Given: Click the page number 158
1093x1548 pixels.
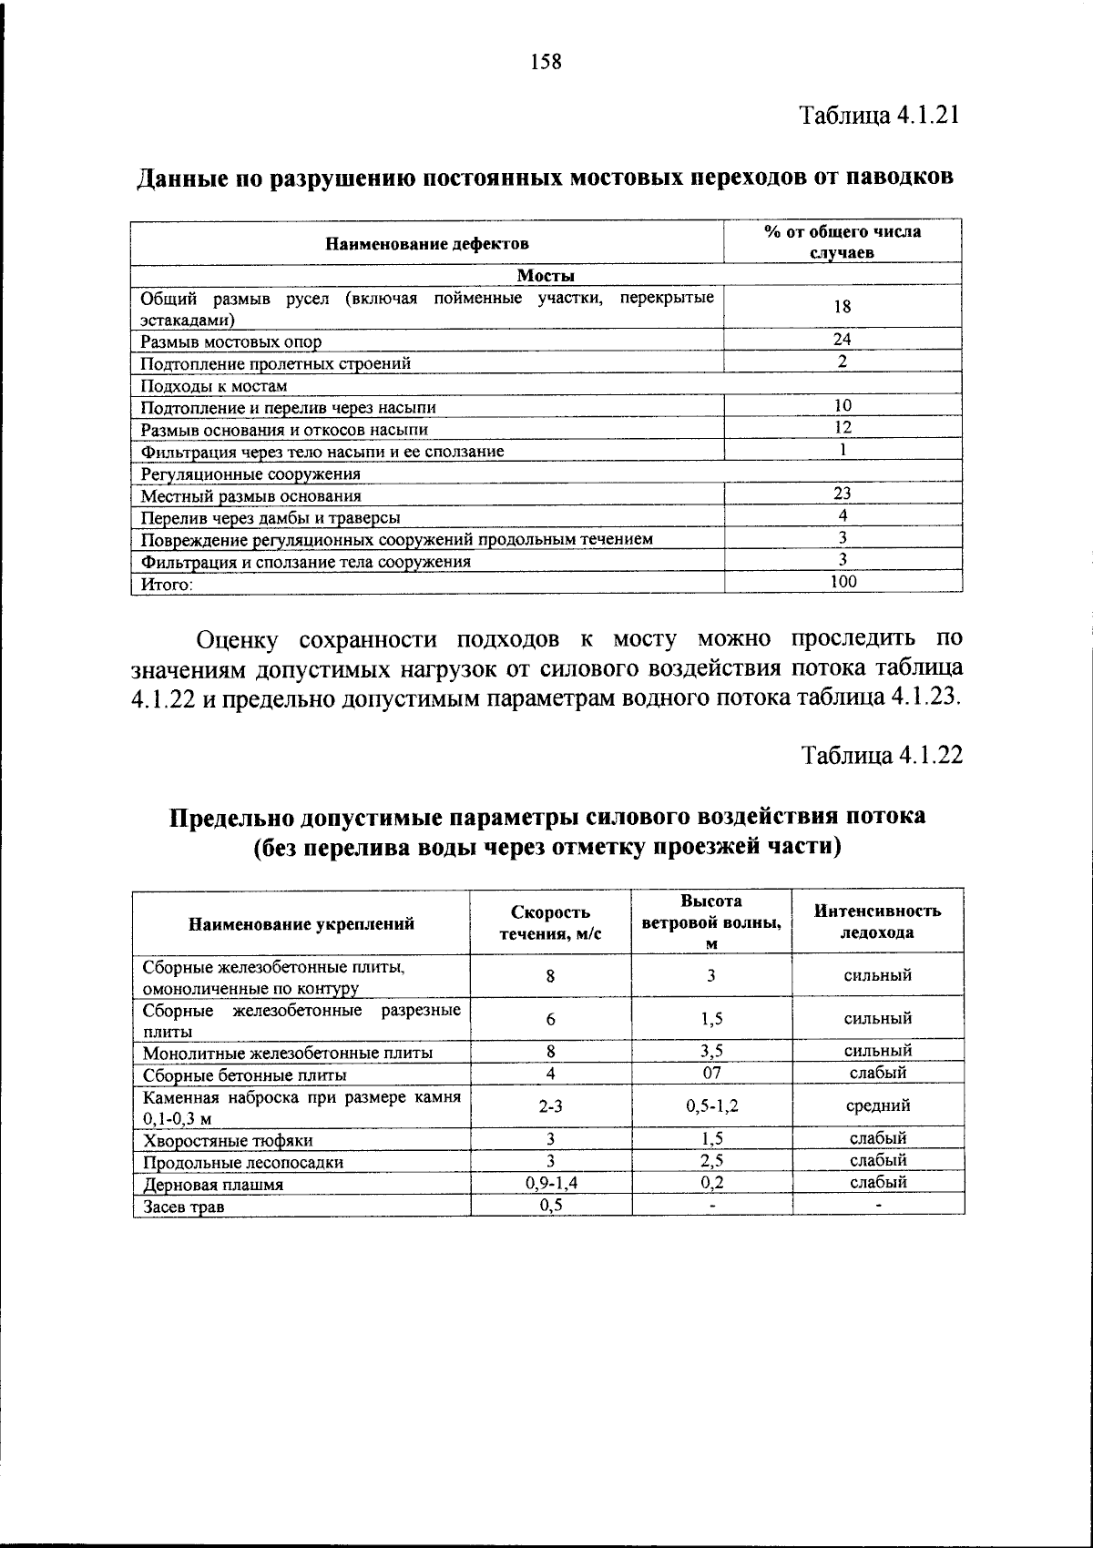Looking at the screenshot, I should [546, 63].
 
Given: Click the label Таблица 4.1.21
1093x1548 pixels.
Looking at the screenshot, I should [881, 116].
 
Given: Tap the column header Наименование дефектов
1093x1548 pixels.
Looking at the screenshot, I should [427, 243].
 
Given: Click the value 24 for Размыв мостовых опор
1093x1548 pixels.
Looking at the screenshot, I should [843, 339].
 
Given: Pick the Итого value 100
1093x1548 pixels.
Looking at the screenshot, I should [843, 581].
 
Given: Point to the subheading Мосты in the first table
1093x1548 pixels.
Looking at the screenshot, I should [546, 275].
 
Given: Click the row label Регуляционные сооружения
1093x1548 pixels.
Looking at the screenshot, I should [250, 474].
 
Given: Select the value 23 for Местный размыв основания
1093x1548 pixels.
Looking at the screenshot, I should [843, 494].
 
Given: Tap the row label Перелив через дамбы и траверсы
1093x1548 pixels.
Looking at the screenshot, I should [271, 518].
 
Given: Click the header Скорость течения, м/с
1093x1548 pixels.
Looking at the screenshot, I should [550, 922].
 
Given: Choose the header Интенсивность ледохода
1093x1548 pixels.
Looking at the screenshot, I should [877, 922].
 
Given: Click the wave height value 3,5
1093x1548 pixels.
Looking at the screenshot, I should [711, 1051].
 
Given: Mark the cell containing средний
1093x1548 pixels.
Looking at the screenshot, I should [877, 1105].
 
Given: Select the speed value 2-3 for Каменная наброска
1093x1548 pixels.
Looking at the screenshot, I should [550, 1105].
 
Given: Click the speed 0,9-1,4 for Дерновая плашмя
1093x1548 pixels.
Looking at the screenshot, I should [550, 1183].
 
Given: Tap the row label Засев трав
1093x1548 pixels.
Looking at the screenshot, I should [184, 1207].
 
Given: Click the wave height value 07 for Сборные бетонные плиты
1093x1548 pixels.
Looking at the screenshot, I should [711, 1072].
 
